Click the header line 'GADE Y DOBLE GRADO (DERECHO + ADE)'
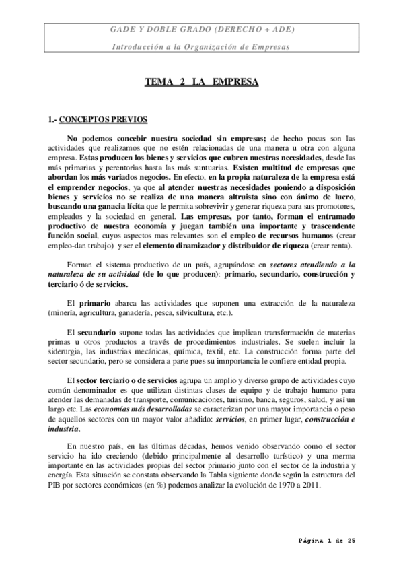201,31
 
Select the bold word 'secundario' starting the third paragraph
96,333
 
